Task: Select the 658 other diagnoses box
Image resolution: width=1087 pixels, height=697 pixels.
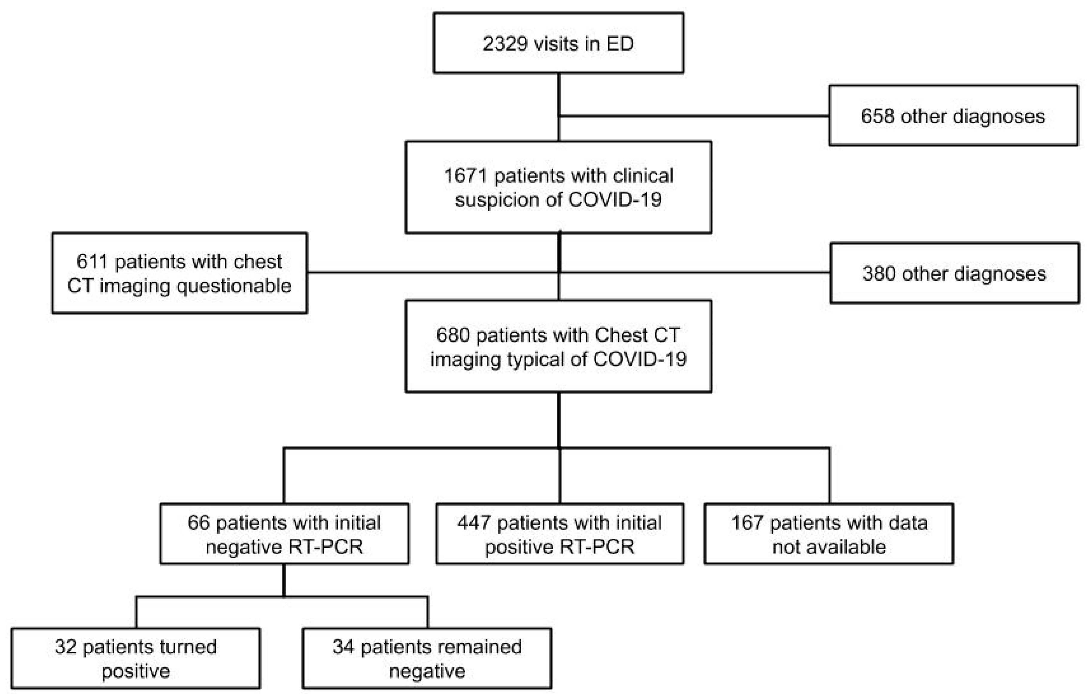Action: (953, 116)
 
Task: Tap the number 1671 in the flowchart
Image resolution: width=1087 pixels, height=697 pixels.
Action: (465, 176)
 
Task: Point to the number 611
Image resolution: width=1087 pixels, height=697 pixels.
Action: (92, 262)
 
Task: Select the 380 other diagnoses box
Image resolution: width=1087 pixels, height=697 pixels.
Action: (954, 273)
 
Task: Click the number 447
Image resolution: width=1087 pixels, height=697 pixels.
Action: (474, 523)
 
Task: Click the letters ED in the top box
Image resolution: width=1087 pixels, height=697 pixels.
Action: (620, 44)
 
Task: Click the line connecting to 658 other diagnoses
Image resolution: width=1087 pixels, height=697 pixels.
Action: (692, 116)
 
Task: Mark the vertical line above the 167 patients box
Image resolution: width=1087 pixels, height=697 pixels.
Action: (829, 475)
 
